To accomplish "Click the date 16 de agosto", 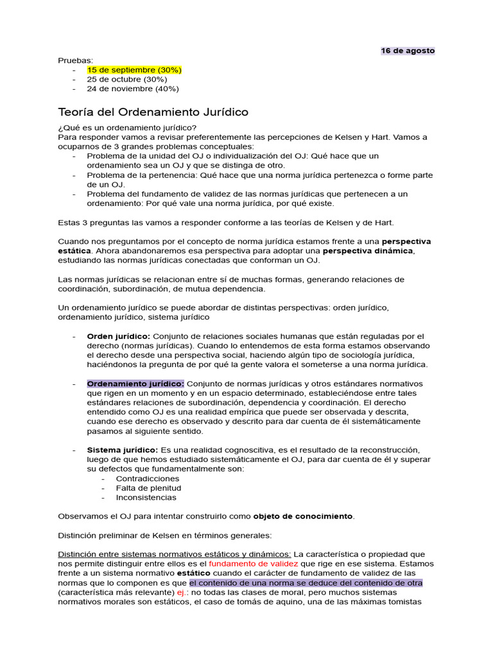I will (408, 51).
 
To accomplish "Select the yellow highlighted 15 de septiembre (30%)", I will (134, 69).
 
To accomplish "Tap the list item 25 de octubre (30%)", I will (126, 79).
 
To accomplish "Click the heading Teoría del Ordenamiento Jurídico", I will (153, 112).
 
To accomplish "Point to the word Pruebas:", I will (76, 60).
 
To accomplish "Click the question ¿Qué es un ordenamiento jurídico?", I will (127, 127).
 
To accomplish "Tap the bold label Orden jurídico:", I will (119, 336).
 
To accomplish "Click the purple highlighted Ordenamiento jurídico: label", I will (135, 384).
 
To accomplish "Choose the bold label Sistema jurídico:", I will (123, 450).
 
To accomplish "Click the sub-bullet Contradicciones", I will (148, 479).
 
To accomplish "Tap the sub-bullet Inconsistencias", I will (146, 497).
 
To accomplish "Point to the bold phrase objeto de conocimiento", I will (303, 516).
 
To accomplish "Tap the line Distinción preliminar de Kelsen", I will (165, 535).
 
